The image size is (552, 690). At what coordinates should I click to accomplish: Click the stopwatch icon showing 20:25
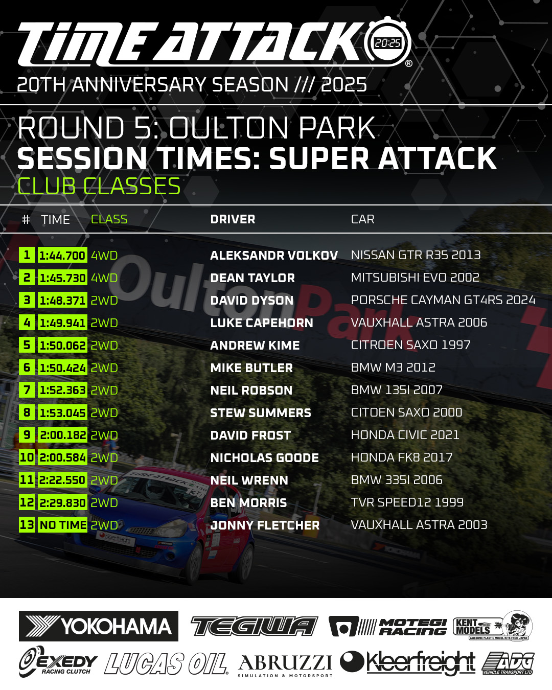pos(387,42)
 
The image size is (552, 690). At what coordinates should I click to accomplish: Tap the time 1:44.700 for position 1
pos(62,255)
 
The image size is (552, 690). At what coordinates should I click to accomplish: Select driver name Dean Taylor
pos(252,278)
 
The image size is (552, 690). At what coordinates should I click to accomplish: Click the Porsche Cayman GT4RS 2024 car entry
pos(443,300)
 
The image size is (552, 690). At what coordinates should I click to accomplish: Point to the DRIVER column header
pos(233,219)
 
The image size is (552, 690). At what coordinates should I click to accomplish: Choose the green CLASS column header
pos(109,219)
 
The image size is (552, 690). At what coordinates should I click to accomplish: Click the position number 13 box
pos(27,524)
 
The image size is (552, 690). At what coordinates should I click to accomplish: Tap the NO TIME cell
pos(62,524)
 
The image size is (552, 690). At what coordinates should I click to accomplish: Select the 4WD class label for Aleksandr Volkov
pos(104,255)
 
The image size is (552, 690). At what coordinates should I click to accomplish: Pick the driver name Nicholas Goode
pos(265,457)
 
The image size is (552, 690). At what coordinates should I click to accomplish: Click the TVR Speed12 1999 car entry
pos(407,502)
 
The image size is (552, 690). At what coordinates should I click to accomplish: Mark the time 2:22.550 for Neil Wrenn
pos(62,479)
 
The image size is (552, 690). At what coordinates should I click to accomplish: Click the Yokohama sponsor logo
pos(99,626)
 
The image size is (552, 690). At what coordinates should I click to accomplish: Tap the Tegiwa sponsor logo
pos(254,626)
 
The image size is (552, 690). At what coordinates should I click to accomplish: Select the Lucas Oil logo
pos(166,664)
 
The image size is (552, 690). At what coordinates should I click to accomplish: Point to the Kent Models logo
pos(492,626)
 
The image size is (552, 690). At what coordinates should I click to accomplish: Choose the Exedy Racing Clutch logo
pos(58,662)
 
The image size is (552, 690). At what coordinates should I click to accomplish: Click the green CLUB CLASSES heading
pos(99,186)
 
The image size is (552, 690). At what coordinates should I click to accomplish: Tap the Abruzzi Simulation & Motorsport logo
pos(285,665)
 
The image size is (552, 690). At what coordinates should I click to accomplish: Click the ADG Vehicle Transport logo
pos(508,663)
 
